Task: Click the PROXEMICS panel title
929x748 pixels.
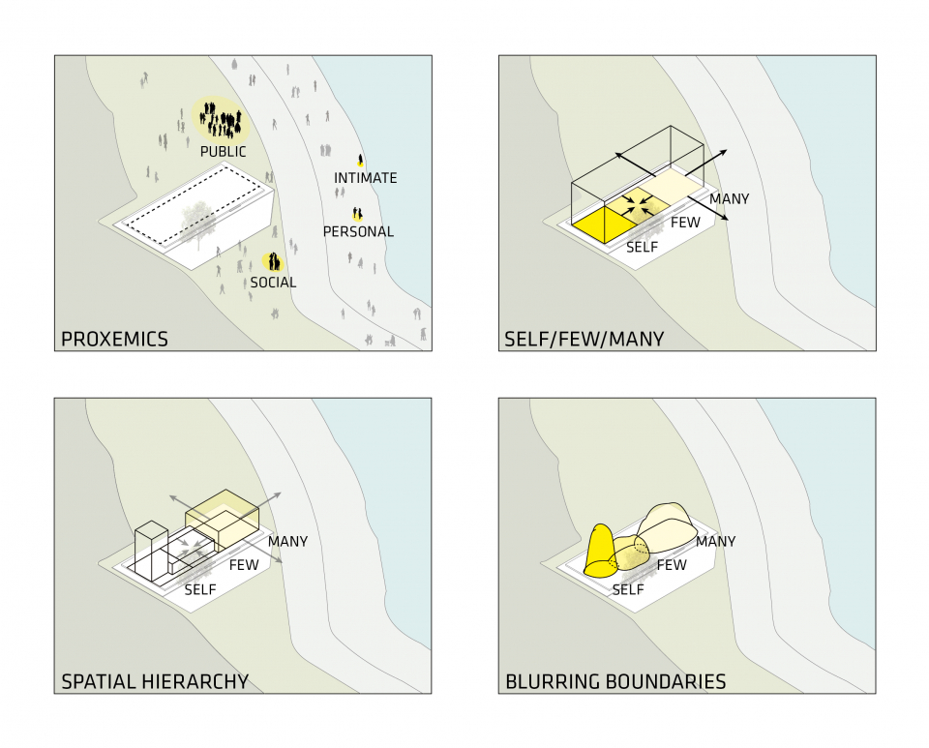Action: click(114, 340)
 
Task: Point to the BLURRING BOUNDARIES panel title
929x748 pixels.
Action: click(615, 682)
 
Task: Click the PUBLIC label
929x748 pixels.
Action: click(223, 152)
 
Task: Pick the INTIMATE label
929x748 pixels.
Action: click(365, 178)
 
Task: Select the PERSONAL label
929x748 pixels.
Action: click(358, 232)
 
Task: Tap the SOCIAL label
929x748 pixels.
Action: click(273, 283)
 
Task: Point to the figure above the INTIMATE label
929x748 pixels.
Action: click(361, 159)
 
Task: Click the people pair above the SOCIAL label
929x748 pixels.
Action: click(274, 261)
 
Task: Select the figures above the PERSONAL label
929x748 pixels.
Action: click(357, 214)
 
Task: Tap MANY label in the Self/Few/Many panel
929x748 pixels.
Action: click(729, 199)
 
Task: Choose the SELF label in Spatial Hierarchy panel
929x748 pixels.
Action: click(199, 588)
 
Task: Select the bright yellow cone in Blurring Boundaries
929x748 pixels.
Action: click(601, 551)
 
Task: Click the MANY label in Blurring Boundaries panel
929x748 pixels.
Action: click(715, 542)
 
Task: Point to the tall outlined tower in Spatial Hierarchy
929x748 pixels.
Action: click(152, 552)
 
